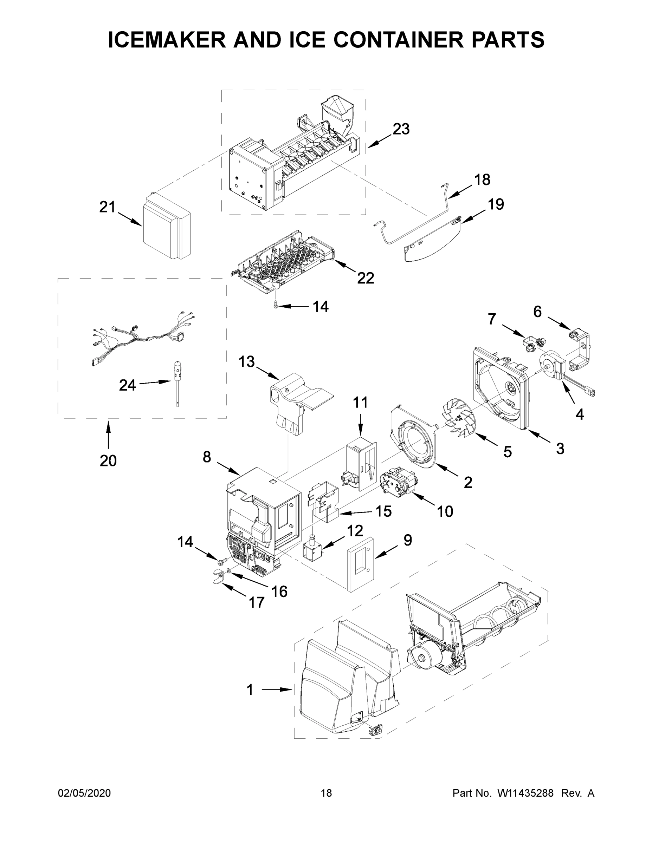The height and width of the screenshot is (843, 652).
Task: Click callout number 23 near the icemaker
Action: (401, 129)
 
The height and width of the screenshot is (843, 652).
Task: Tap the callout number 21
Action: (108, 207)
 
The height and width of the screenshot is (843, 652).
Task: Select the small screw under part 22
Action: (275, 306)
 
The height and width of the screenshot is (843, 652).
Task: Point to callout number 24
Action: (127, 385)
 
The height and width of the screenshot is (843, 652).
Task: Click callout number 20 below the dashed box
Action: (108, 460)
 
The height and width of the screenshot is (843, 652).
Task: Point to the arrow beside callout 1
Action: (277, 689)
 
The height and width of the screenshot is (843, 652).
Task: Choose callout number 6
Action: (537, 312)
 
